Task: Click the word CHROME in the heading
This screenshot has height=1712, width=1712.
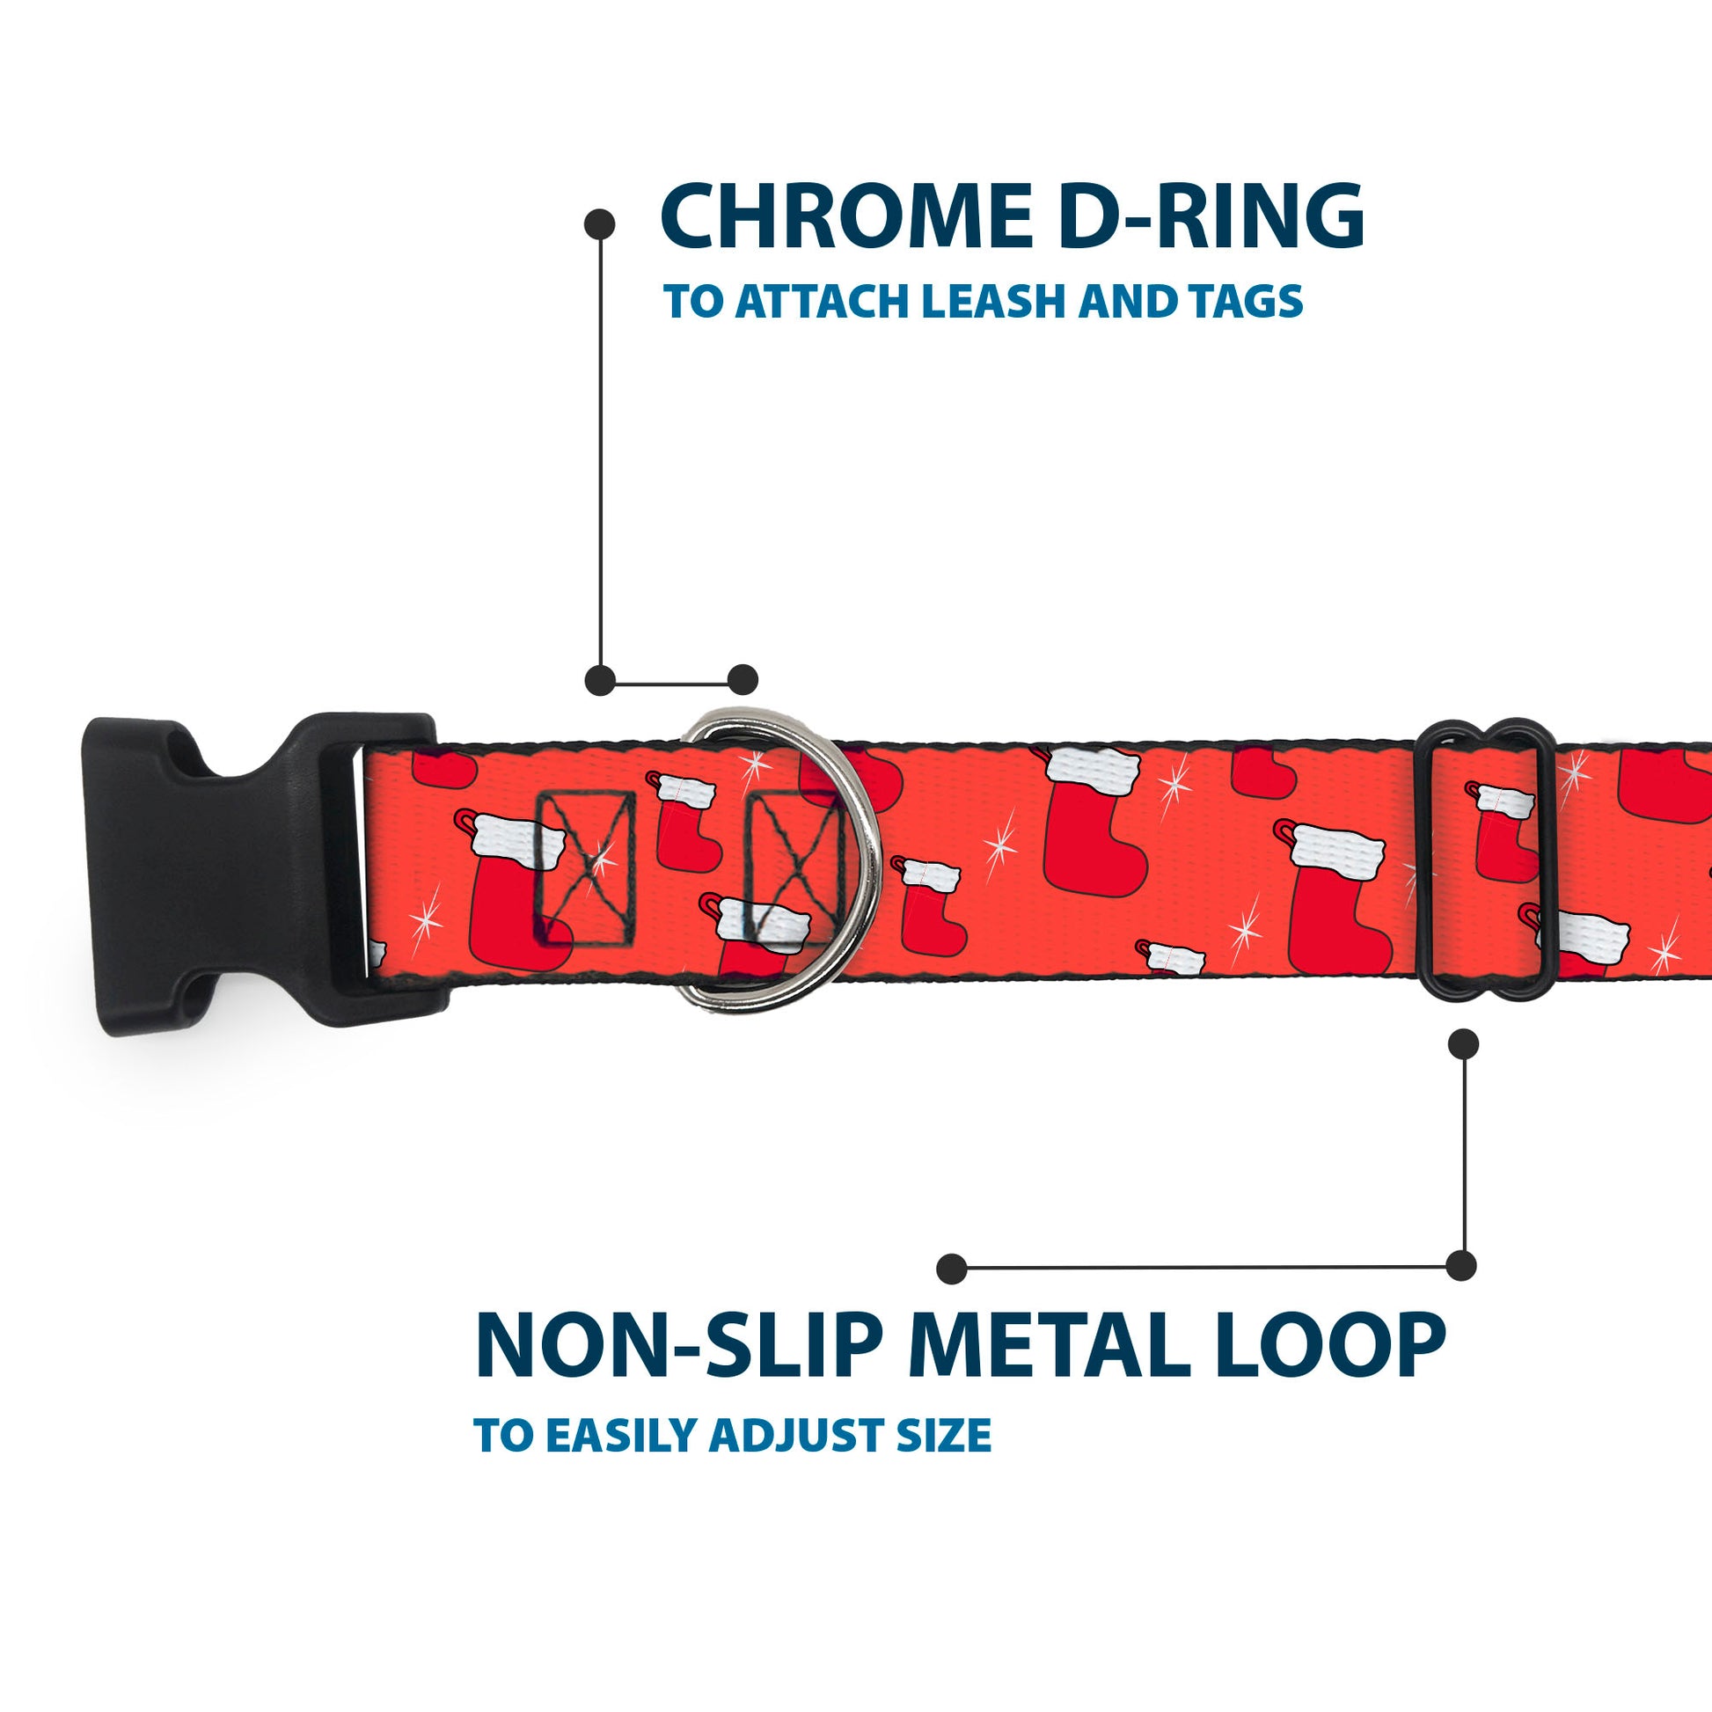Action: [845, 217]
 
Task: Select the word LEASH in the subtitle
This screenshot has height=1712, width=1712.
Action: [995, 302]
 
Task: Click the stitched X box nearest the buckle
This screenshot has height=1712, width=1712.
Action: [586, 866]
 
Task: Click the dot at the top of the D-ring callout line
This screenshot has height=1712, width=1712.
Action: [600, 224]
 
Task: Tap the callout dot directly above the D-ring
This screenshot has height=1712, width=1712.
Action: [743, 680]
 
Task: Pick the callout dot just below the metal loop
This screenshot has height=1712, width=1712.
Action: [1463, 1044]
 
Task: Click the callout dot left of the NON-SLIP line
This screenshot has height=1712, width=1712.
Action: [952, 1268]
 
